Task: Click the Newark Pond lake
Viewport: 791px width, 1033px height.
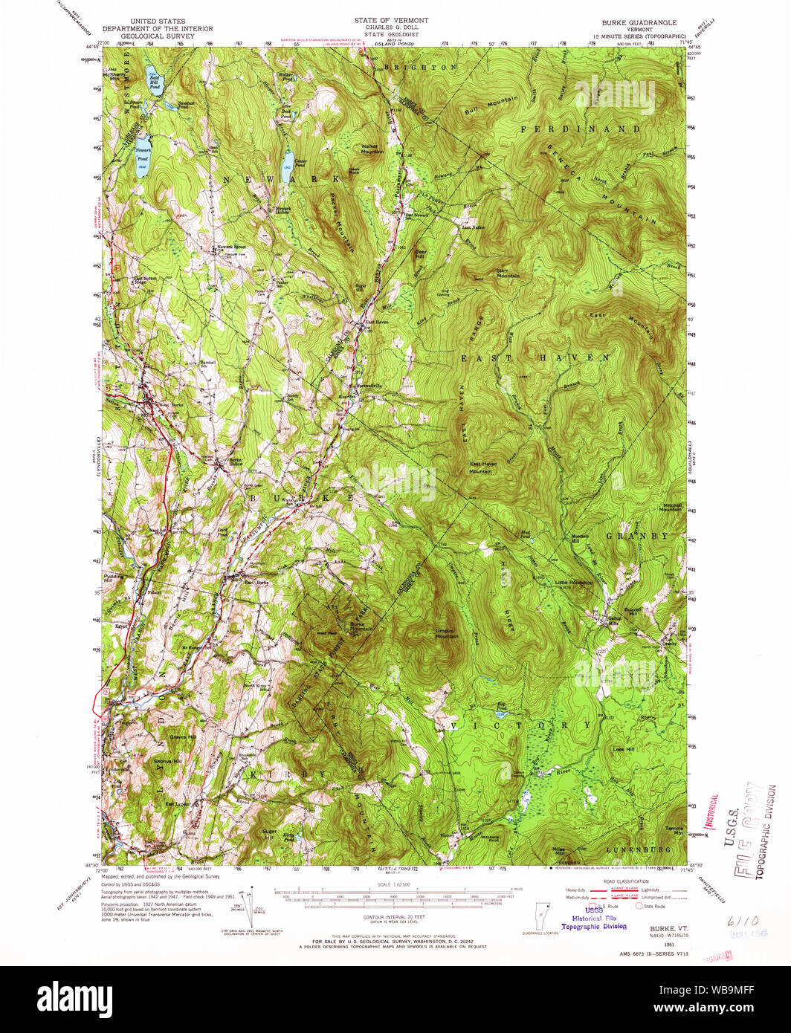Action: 143,161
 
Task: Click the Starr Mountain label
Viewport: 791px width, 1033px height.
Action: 508,273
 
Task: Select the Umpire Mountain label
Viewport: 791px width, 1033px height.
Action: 446,634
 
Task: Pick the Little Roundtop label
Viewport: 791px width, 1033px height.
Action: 575,583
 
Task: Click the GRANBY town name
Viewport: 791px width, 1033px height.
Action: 637,535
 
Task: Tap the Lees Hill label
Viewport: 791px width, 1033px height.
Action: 624,749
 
